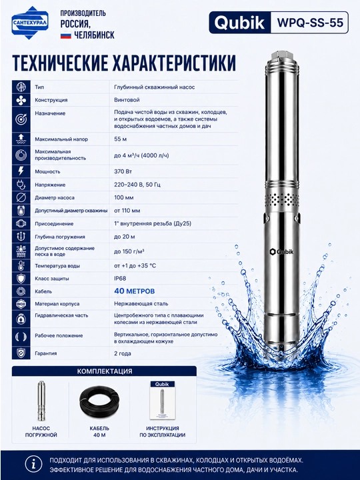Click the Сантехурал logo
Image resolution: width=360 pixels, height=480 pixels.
click(x=30, y=23)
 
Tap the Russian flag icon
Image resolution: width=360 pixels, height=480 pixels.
click(x=65, y=35)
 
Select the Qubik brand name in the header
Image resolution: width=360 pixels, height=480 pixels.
click(x=240, y=23)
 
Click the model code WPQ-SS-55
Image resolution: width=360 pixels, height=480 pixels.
click(x=310, y=23)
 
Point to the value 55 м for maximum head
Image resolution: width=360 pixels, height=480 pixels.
click(x=120, y=139)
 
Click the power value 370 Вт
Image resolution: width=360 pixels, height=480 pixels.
click(x=123, y=171)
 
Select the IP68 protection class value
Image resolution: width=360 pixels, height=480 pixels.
click(x=120, y=279)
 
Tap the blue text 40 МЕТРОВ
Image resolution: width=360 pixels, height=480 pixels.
click(x=135, y=291)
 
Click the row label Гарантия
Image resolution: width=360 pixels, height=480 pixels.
click(x=45, y=353)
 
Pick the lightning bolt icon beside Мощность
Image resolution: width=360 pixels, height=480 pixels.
click(x=21, y=171)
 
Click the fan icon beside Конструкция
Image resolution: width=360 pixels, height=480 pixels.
click(x=21, y=100)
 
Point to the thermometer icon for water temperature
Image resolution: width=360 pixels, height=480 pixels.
click(x=21, y=265)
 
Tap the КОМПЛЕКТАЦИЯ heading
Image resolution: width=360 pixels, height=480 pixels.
click(x=105, y=371)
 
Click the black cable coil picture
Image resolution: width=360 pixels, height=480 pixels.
click(x=99, y=401)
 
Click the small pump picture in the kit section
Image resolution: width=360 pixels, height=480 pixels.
click(x=41, y=401)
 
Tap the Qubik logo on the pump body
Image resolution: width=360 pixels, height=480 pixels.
click(x=281, y=251)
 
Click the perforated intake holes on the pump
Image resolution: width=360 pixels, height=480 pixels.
click(x=282, y=199)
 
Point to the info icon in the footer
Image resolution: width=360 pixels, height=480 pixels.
click(x=33, y=465)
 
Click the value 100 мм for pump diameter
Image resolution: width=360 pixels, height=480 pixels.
click(x=124, y=198)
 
